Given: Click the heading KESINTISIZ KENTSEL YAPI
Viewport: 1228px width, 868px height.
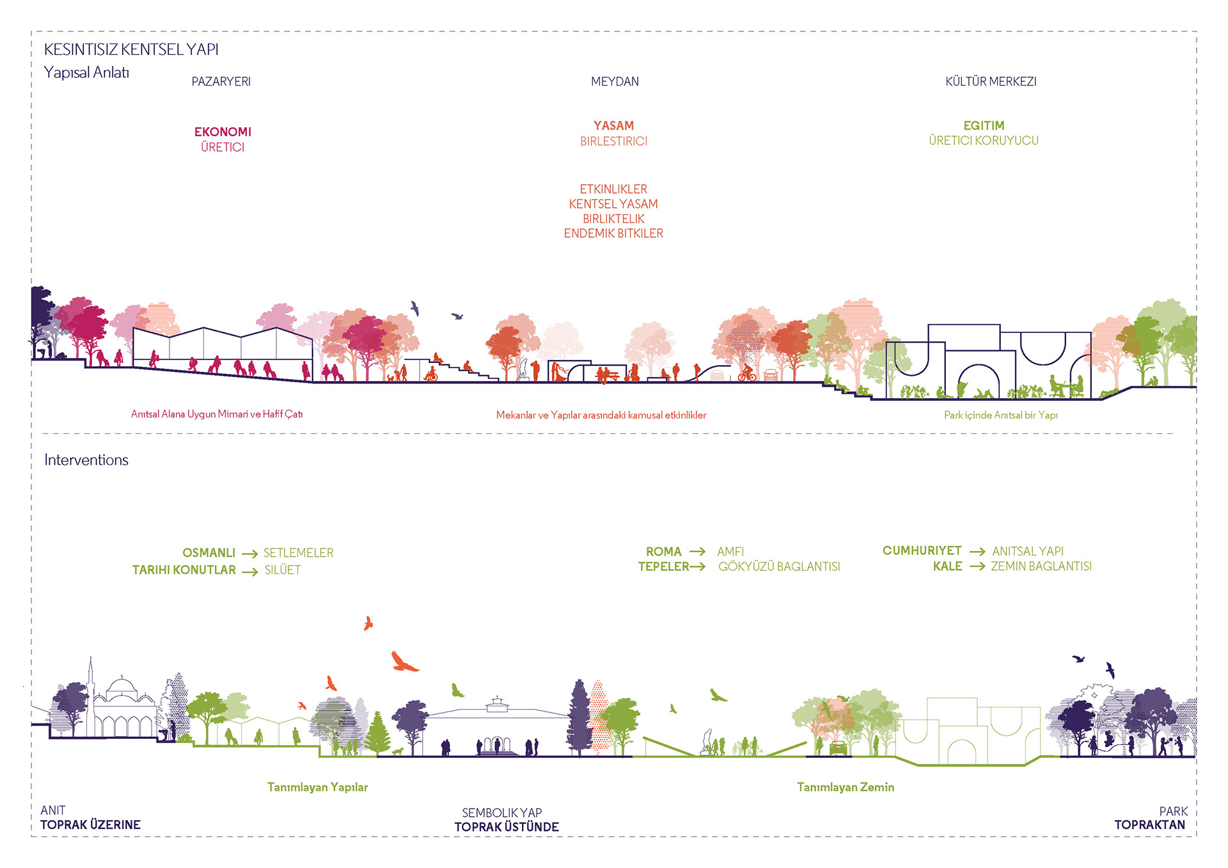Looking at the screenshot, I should (131, 49).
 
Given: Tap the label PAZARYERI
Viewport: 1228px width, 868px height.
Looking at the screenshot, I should (221, 82).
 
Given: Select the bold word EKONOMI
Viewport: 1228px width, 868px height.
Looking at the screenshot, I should (223, 132).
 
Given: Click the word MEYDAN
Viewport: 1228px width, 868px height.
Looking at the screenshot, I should (615, 82).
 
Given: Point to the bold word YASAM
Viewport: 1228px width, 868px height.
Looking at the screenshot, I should (613, 126).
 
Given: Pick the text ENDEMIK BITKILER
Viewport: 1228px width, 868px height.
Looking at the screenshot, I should (613, 233).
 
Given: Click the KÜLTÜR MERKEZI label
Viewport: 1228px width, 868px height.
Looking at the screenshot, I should (991, 82).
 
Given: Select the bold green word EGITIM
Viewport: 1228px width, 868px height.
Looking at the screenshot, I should (984, 126).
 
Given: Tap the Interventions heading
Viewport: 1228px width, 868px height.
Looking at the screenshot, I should (86, 460).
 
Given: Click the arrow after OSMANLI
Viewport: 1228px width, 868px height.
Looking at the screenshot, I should (250, 554).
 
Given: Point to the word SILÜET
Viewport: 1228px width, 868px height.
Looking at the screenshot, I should (283, 570).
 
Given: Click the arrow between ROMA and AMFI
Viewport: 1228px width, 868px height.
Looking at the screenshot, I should (698, 552).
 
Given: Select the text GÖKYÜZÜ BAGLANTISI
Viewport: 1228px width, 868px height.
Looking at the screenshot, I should (779, 567).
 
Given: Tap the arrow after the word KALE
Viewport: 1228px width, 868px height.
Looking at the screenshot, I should (977, 567).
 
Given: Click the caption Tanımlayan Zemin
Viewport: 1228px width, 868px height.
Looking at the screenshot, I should (846, 787).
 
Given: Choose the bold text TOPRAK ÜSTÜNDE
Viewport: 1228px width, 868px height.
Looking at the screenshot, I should (507, 827).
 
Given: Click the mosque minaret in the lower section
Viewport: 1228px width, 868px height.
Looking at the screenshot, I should (91, 684).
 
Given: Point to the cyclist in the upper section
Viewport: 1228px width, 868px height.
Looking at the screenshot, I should (746, 373).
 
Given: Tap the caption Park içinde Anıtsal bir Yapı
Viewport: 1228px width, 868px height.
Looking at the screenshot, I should (1000, 415).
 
